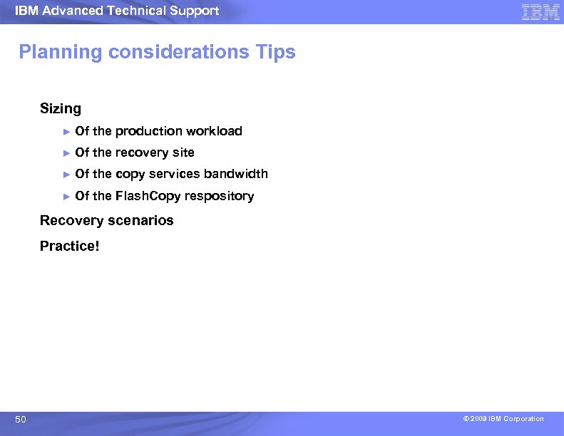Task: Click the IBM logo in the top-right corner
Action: click(540, 11)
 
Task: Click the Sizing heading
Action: click(61, 109)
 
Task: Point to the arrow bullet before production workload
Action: click(66, 131)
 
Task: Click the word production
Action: click(148, 131)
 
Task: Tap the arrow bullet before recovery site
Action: click(66, 152)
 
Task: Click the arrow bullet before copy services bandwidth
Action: click(66, 174)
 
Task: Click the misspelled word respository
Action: click(220, 196)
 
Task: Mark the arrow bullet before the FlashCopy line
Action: click(66, 196)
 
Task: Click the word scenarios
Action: click(140, 221)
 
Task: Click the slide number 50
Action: click(21, 420)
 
